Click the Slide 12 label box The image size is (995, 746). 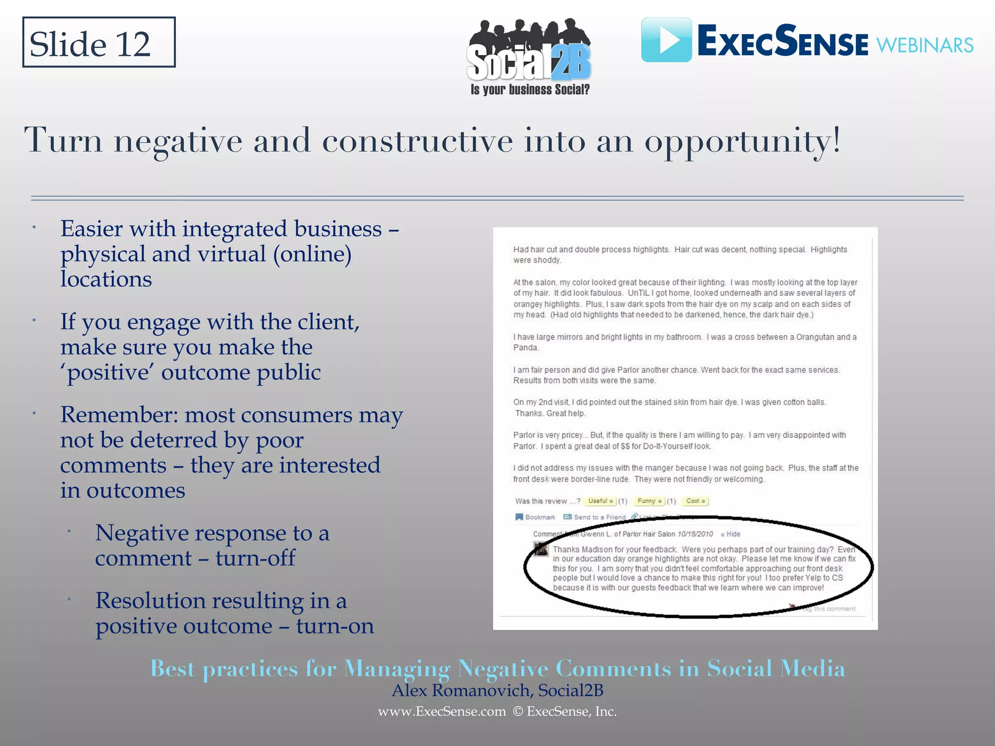click(x=99, y=43)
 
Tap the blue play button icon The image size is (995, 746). click(x=667, y=40)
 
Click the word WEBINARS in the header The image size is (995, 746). click(x=925, y=46)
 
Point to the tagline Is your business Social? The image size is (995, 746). click(x=530, y=89)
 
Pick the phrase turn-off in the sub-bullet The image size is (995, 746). click(x=256, y=558)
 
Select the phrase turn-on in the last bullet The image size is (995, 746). click(x=335, y=626)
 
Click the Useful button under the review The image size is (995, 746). click(x=600, y=501)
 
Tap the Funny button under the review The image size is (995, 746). click(x=650, y=501)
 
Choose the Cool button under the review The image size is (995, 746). click(x=695, y=501)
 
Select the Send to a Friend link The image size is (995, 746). click(x=595, y=517)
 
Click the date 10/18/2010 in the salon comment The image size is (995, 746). click(x=695, y=534)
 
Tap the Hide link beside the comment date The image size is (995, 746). click(x=731, y=534)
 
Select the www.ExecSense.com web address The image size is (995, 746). click(x=442, y=712)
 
